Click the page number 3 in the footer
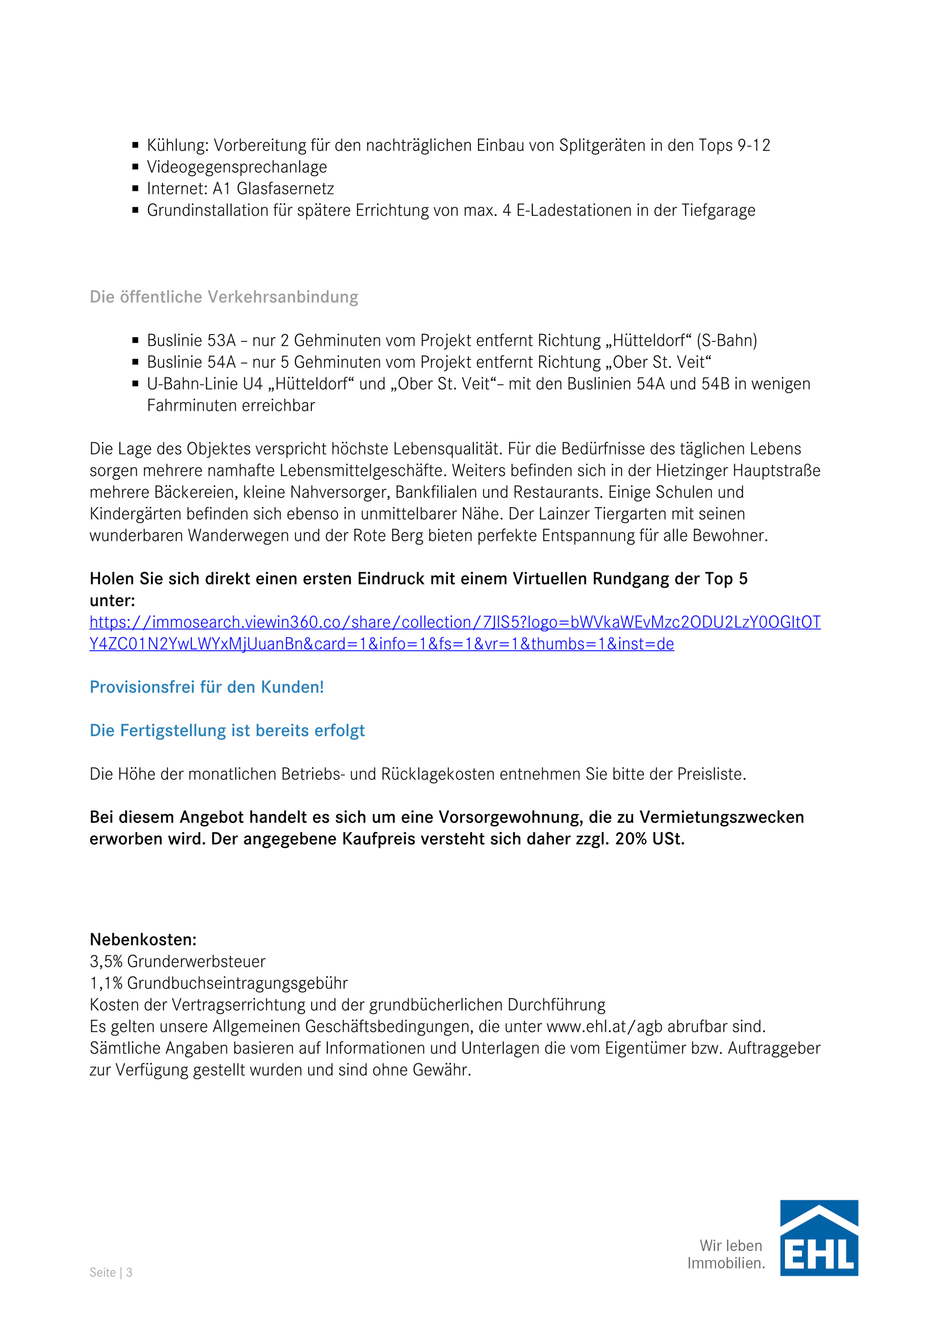[129, 1272]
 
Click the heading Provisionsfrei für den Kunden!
[206, 687]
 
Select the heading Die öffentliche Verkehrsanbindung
[224, 297]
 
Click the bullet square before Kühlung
[135, 145]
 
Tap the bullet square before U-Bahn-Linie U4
[135, 383]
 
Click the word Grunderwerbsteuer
[196, 961]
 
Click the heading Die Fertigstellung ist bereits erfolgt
[227, 731]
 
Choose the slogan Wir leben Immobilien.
[726, 1254]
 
